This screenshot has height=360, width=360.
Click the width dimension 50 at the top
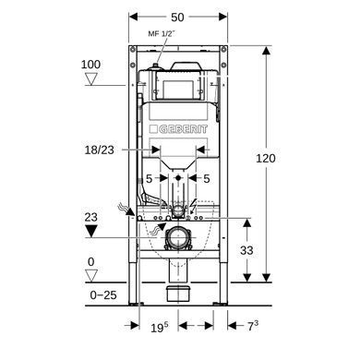click(x=177, y=18)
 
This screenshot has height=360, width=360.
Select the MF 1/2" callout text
click(x=162, y=33)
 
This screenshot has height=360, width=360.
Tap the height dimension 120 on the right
click(x=266, y=158)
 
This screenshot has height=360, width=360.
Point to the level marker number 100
click(x=90, y=65)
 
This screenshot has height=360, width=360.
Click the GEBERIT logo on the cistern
click(x=178, y=129)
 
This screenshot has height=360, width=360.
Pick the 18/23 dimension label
click(x=100, y=150)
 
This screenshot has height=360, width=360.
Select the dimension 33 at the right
click(x=246, y=250)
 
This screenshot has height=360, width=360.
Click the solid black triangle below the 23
click(x=91, y=231)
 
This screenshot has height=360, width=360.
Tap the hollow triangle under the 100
click(x=91, y=78)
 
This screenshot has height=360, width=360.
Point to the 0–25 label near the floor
click(x=103, y=295)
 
